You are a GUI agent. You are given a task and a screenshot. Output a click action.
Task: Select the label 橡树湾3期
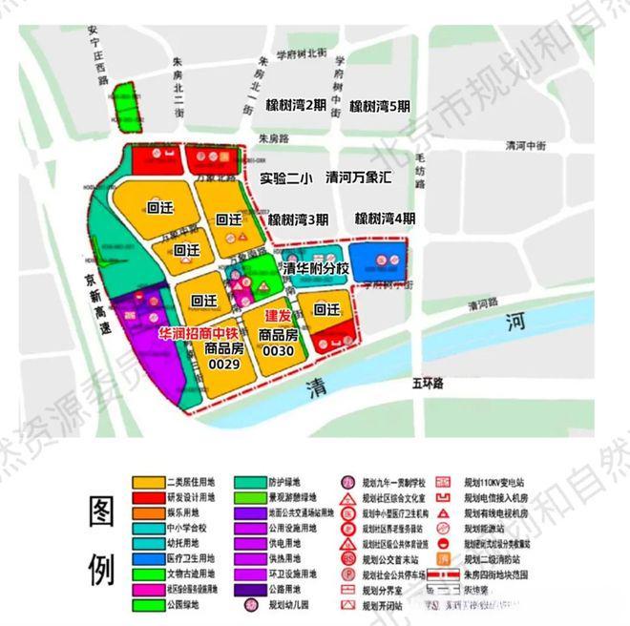298,219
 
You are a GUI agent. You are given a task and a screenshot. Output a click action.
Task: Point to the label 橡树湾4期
385,219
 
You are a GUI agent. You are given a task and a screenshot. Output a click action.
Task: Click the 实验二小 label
286,178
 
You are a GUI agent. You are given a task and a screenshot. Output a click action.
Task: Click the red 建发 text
278,315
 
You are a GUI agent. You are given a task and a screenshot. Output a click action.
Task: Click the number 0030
277,350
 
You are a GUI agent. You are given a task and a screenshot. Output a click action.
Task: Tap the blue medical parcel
380,261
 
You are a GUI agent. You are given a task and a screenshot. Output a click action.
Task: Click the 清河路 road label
483,306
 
